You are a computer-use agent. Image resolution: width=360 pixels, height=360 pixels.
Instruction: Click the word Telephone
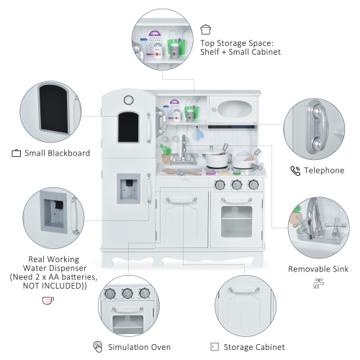324,171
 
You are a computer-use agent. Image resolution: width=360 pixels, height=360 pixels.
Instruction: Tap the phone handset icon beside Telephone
295,171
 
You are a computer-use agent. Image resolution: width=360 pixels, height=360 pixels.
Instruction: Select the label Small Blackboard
58,153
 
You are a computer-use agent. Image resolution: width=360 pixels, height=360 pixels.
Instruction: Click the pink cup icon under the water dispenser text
48,300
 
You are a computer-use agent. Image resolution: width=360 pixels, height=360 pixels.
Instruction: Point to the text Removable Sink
318,269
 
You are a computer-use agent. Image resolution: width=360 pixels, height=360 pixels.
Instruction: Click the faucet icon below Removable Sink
318,284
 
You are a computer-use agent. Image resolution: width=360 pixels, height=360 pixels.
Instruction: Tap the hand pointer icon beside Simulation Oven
98,347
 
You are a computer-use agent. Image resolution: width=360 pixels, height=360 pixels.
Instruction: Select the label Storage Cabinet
254,347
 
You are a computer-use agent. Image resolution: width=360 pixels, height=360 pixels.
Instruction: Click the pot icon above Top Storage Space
205,30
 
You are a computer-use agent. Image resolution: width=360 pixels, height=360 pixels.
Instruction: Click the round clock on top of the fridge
129,100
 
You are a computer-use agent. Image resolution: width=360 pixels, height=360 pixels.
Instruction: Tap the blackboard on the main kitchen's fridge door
128,127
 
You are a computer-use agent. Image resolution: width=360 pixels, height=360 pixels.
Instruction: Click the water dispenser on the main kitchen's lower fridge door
129,189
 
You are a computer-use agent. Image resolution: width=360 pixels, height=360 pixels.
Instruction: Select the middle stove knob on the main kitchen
237,184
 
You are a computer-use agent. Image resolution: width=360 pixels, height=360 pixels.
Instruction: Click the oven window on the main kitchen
236,222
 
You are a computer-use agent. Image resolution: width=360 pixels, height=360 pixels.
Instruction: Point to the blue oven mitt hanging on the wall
198,133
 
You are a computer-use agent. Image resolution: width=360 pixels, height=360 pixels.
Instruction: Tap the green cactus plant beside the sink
165,150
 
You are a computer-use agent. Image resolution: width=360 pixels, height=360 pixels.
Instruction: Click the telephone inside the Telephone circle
317,128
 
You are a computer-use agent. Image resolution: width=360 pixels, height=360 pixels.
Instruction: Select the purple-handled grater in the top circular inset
154,42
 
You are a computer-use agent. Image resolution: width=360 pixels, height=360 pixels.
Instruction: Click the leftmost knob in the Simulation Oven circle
109,293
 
